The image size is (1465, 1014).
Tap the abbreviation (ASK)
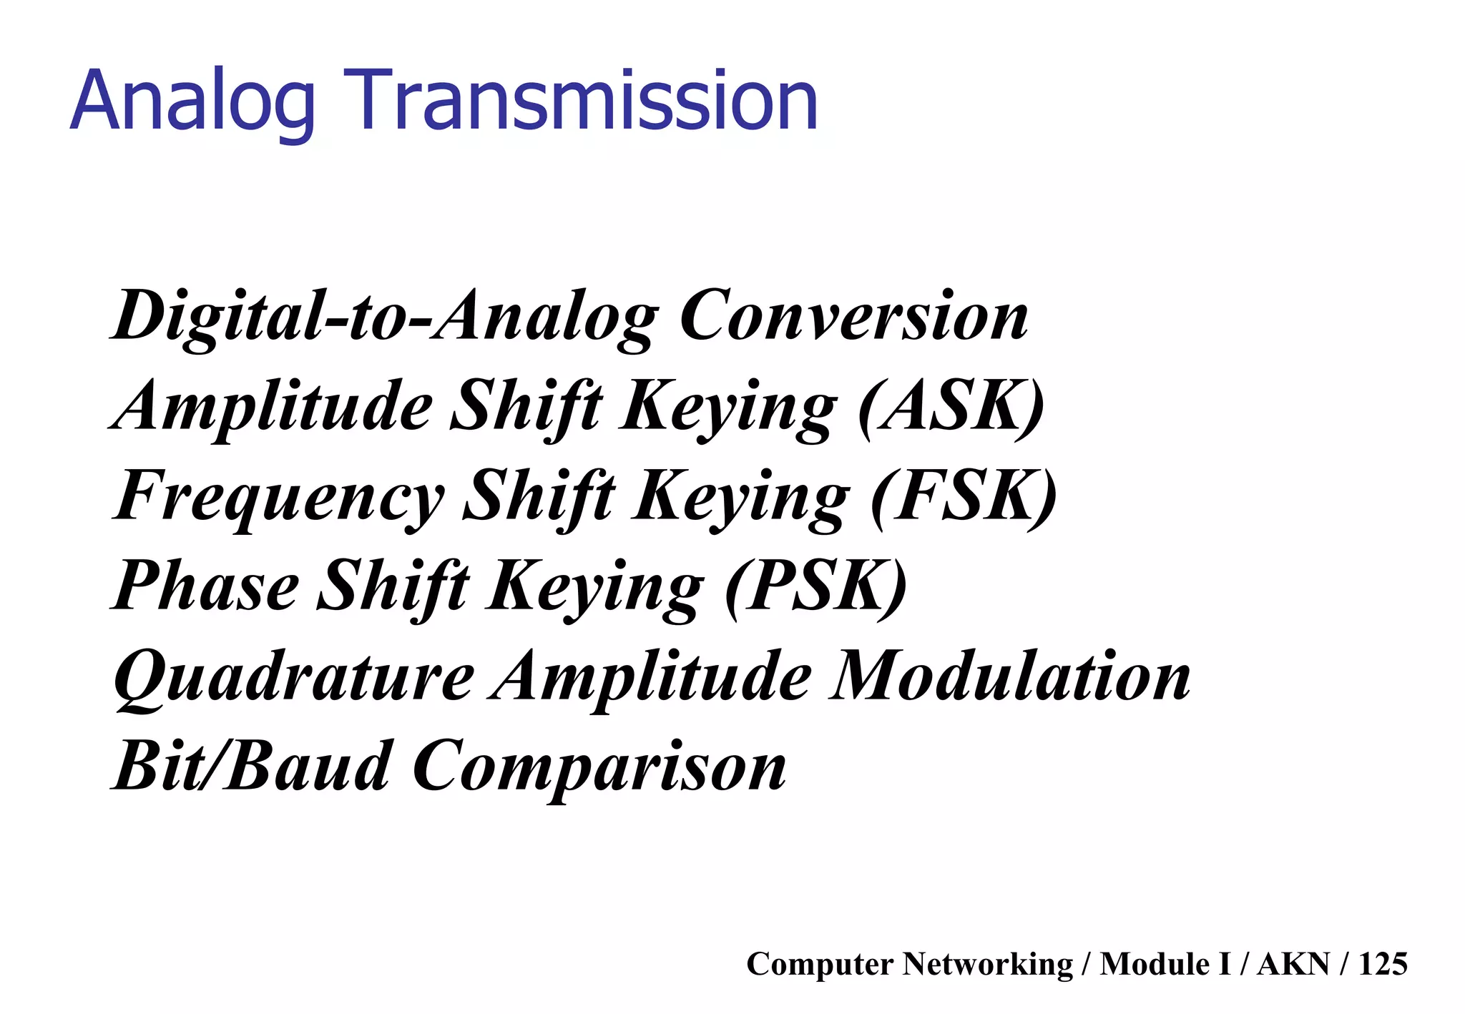coord(951,407)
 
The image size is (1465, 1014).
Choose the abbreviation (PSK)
coord(816,587)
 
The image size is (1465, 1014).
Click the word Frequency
coord(279,497)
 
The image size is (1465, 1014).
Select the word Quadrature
coord(294,677)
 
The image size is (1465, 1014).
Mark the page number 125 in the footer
coord(1383,964)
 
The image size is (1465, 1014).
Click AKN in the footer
coord(1293,964)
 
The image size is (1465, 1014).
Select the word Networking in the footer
coord(987,964)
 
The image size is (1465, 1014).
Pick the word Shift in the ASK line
coord(526,407)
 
